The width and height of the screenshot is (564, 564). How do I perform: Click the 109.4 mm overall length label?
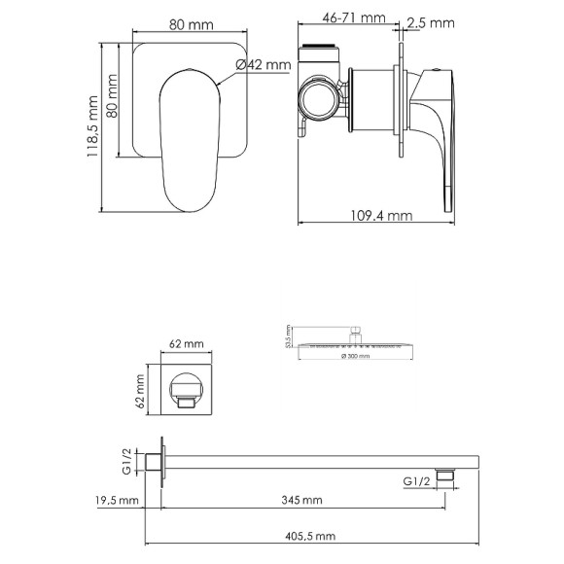(382, 216)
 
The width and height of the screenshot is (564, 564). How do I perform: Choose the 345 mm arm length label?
(303, 501)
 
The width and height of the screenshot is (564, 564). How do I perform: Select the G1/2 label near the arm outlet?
(415, 478)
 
